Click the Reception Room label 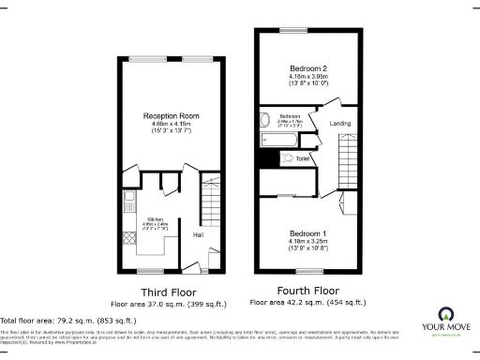click(171, 115)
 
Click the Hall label click(200, 234)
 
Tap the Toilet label click(301, 159)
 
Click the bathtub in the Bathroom click(280, 141)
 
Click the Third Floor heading click(167, 292)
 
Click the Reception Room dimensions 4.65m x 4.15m click(171, 125)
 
